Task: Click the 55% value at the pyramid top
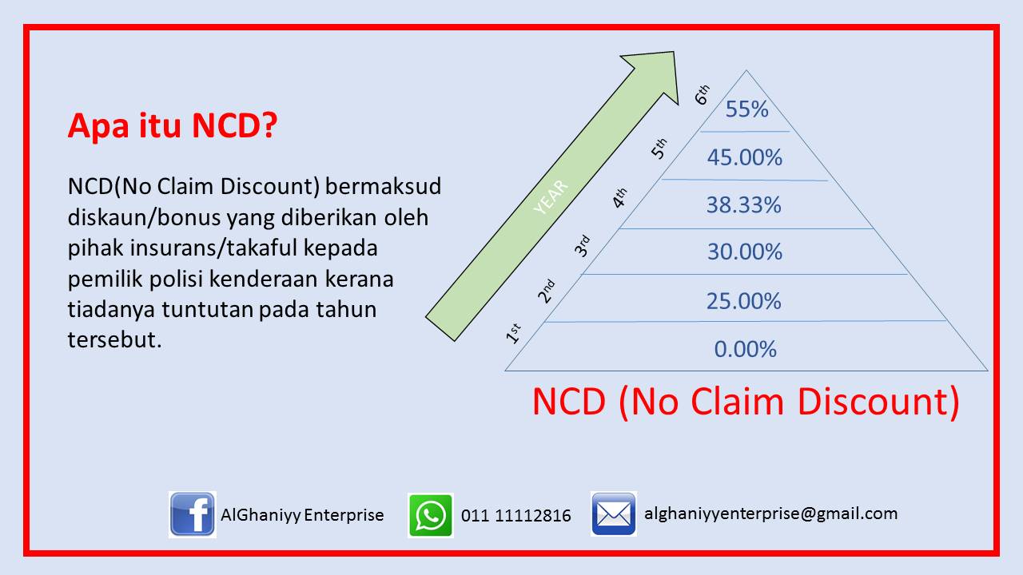click(x=746, y=109)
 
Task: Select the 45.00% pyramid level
click(x=744, y=157)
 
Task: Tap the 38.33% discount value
click(x=744, y=205)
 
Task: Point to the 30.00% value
click(x=744, y=252)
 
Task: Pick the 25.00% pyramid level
click(x=744, y=301)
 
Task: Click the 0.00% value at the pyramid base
click(x=746, y=349)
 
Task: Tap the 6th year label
click(x=702, y=94)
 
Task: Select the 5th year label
click(x=659, y=149)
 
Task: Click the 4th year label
click(x=619, y=198)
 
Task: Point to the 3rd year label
click(x=582, y=246)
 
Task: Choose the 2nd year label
click(x=546, y=291)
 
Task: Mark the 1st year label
click(x=513, y=333)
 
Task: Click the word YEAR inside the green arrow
click(x=551, y=197)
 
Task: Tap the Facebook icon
click(x=193, y=514)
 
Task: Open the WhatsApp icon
click(x=431, y=515)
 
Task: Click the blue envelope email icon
click(x=613, y=514)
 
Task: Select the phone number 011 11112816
click(x=516, y=516)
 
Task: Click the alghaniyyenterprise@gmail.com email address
click(x=771, y=514)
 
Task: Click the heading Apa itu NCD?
click(x=173, y=125)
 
